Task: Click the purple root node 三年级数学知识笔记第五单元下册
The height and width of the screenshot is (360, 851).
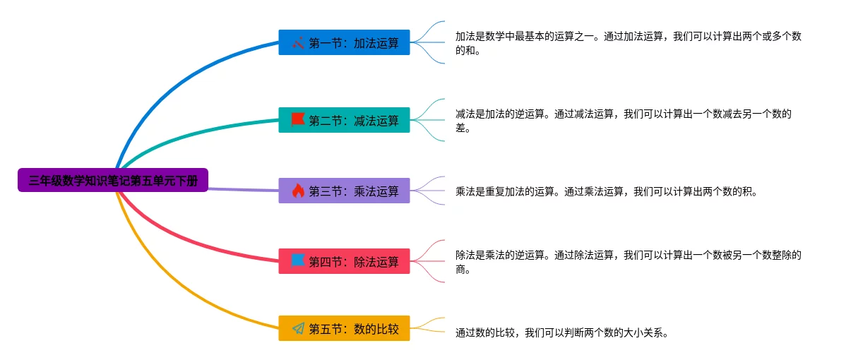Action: pos(113,180)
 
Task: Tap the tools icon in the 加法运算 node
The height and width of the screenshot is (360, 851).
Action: pos(298,42)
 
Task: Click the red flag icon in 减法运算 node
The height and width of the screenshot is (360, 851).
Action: pos(298,120)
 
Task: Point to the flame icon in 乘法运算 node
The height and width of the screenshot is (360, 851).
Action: pos(298,191)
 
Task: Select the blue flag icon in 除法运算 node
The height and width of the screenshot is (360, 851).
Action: pos(298,260)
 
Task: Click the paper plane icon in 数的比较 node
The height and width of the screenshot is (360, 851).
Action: pos(298,328)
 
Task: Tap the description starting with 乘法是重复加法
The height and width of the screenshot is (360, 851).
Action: pos(605,191)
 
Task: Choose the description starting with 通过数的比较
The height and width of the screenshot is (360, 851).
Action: pos(561,333)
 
